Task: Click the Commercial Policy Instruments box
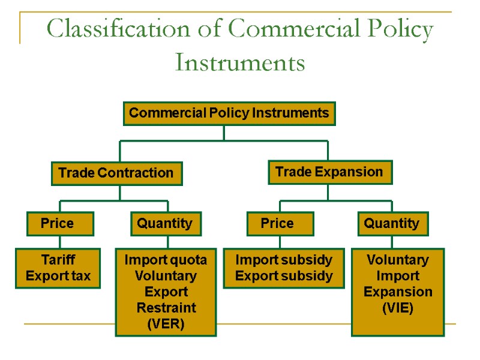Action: click(x=229, y=113)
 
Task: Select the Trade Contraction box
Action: click(x=116, y=173)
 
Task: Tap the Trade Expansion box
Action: click(x=329, y=172)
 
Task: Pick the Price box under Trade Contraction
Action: click(x=60, y=224)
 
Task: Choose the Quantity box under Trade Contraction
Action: click(x=166, y=224)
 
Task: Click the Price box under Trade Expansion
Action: click(x=280, y=224)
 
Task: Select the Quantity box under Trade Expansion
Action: click(x=392, y=224)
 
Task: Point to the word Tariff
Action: click(x=58, y=260)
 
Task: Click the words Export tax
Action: click(x=58, y=276)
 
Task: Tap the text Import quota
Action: click(x=166, y=260)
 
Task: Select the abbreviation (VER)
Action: click(x=166, y=324)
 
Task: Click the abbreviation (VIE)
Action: click(x=398, y=308)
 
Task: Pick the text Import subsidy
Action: click(x=284, y=260)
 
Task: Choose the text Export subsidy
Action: click(x=284, y=276)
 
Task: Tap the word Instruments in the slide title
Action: click(x=240, y=62)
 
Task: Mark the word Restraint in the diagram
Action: click(x=166, y=308)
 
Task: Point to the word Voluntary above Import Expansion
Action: click(x=398, y=260)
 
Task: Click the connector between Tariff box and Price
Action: click(x=60, y=242)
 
